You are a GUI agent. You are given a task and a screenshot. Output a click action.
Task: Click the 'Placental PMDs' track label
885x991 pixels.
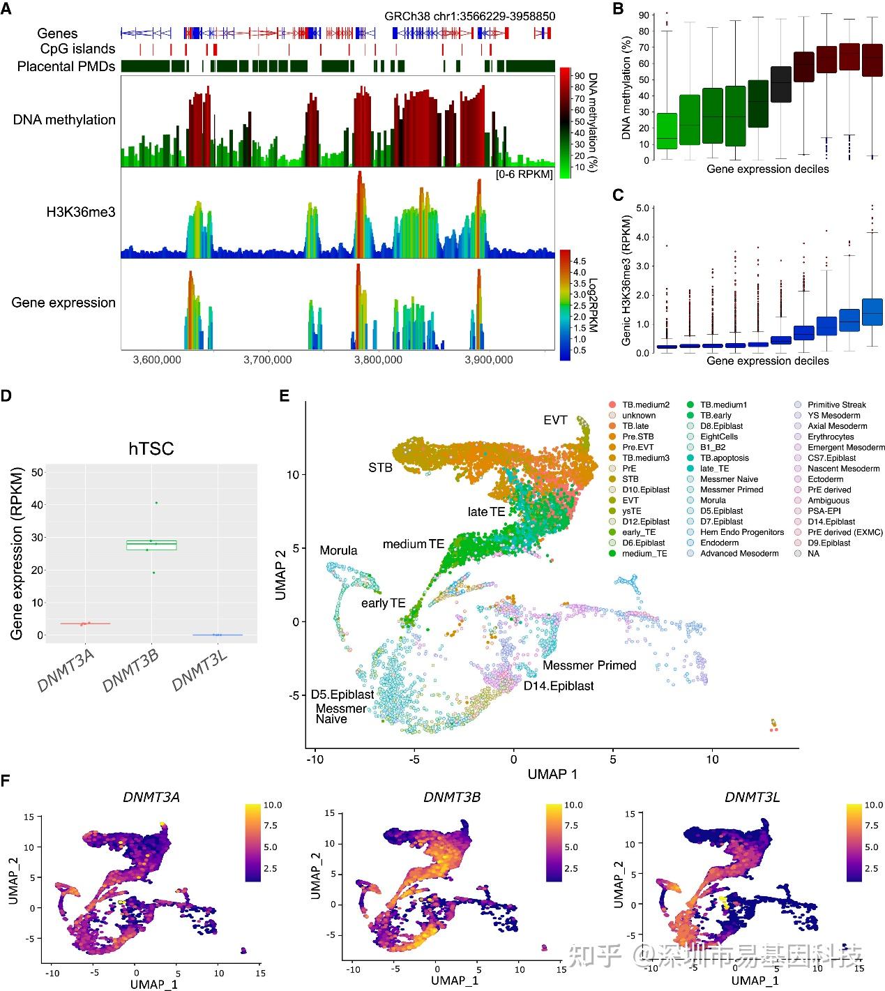coord(66,66)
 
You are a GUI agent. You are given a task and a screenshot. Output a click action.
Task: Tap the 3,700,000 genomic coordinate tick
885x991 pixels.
coord(268,360)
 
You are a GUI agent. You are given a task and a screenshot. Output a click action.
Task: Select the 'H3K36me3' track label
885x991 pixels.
coord(81,212)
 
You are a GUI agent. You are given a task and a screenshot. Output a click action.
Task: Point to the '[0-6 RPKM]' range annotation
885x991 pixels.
coord(524,174)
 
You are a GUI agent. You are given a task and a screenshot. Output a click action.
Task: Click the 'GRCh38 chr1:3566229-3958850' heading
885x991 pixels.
coord(470,16)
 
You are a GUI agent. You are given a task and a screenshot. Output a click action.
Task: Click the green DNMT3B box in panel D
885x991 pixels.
coord(151,545)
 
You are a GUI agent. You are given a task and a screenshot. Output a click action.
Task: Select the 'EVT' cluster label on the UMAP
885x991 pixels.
coord(556,420)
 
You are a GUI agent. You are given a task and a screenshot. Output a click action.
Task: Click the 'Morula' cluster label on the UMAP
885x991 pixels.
coord(338,550)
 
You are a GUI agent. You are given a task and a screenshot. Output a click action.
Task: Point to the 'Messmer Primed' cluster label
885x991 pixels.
coord(589,665)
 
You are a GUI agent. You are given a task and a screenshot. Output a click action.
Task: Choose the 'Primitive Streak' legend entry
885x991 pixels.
coord(837,404)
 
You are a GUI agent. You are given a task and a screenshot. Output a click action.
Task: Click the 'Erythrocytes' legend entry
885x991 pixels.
coord(831,437)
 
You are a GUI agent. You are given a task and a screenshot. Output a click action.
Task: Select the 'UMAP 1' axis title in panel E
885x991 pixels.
coord(552,773)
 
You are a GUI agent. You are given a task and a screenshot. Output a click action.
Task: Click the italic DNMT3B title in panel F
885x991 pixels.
coord(451,797)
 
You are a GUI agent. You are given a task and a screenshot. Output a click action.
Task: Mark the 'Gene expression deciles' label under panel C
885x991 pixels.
coord(767,361)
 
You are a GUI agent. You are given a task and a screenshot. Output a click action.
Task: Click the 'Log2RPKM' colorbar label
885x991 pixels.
coord(593,303)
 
